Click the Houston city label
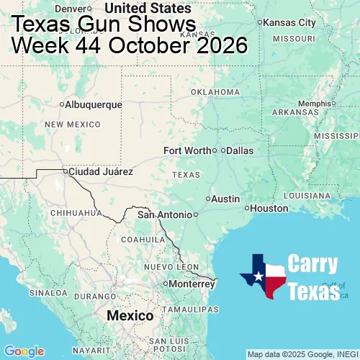(269, 208)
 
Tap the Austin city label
(225, 199)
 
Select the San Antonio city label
(166, 215)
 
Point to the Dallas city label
(240, 150)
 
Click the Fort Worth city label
(187, 150)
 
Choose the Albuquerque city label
(94, 104)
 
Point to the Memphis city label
(313, 104)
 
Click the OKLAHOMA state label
(215, 92)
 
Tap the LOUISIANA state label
(311, 195)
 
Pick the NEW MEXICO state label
(73, 125)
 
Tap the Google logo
(24, 351)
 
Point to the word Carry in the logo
(313, 264)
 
